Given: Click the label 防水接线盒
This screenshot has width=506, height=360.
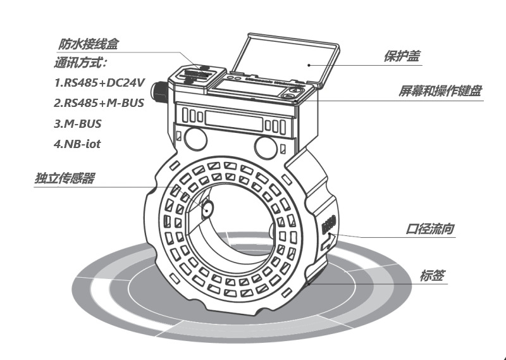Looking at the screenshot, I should click(x=89, y=45).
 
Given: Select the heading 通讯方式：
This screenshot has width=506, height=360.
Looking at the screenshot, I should click(x=81, y=63).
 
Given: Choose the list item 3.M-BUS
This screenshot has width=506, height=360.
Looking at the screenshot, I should click(x=77, y=123).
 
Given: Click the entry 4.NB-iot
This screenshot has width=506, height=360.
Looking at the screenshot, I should click(x=77, y=144).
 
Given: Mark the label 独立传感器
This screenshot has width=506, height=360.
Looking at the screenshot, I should click(x=65, y=179).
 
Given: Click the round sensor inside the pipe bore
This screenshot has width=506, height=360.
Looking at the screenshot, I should click(x=207, y=207).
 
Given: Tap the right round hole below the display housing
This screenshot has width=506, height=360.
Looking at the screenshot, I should click(x=265, y=146).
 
